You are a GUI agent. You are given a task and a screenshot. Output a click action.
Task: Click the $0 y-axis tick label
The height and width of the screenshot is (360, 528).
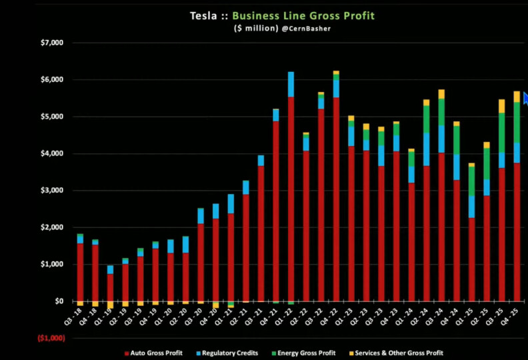coord(58,301)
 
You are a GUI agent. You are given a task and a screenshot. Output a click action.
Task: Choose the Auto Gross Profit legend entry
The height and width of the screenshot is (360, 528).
coord(154,353)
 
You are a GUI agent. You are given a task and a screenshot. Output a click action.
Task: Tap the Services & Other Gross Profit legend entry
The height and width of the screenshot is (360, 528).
coord(396,353)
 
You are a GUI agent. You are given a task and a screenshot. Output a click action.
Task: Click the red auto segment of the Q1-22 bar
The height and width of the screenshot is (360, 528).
coord(291,200)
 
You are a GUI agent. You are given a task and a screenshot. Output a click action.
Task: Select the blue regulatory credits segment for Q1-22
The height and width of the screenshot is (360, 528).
coord(291,84)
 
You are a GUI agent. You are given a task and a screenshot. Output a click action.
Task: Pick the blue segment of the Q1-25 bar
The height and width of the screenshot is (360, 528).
coord(471,206)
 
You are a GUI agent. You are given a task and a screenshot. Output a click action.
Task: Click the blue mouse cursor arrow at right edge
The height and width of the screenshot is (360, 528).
coord(525,98)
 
